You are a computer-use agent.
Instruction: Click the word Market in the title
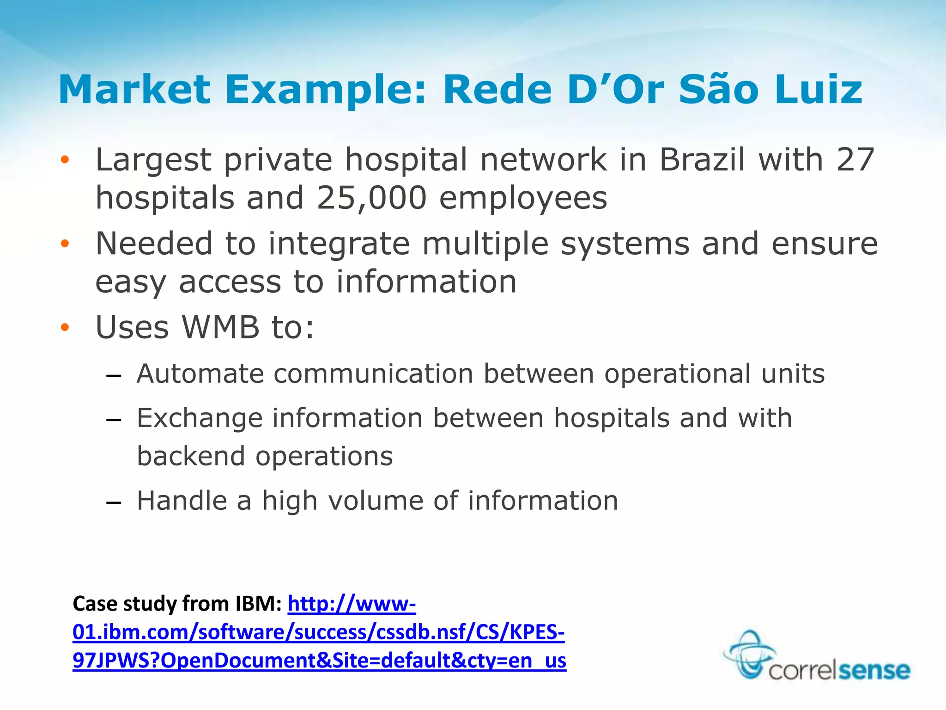[x=134, y=90]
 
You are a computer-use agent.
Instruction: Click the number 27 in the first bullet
[x=855, y=160]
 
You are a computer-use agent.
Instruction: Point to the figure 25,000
[x=371, y=198]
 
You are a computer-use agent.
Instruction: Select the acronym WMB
[x=221, y=327]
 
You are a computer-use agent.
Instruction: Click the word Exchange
[x=199, y=419]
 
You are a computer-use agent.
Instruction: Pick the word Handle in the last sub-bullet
[x=182, y=501]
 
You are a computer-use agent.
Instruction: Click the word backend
[x=191, y=456]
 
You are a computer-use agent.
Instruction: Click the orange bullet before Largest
[x=65, y=160]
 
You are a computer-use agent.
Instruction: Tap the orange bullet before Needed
[x=65, y=244]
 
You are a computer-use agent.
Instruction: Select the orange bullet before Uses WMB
[x=65, y=328]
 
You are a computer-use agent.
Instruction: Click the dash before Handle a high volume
[x=113, y=502]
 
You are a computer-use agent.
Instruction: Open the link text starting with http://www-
[x=352, y=604]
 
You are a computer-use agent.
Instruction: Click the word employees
[x=523, y=198]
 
